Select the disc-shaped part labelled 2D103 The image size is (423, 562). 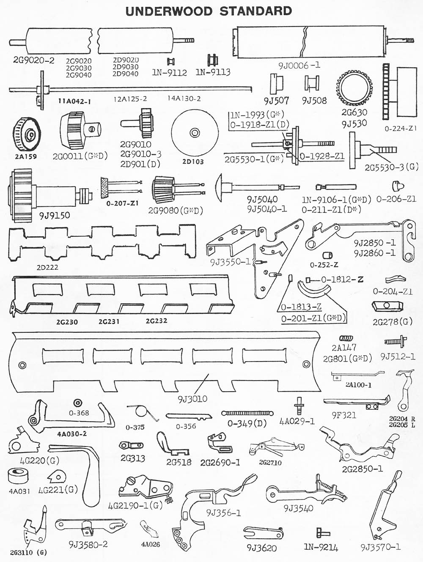point(194,132)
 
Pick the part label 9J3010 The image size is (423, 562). point(192,399)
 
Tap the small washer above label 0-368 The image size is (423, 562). point(77,403)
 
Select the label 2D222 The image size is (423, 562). point(47,267)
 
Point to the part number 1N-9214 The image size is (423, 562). point(321,547)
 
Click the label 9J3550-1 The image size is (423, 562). point(231,262)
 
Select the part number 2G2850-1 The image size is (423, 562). point(363,469)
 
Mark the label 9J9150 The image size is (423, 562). point(55,216)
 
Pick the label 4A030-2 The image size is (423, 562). point(72,433)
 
